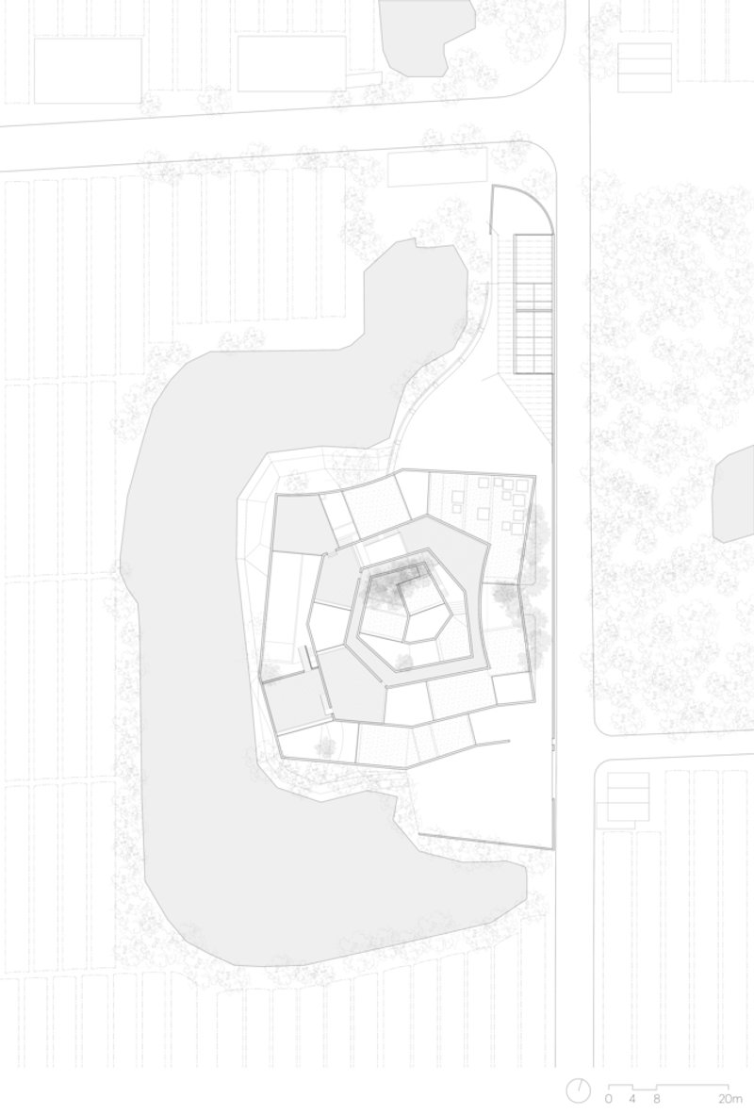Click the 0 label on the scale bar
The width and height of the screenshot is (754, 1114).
(608, 1098)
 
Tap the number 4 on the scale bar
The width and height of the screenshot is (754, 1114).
(631, 1098)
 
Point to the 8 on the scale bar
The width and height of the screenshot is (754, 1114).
(656, 1098)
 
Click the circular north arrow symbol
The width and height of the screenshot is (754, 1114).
(578, 1091)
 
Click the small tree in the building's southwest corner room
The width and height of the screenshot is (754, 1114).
(325, 745)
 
